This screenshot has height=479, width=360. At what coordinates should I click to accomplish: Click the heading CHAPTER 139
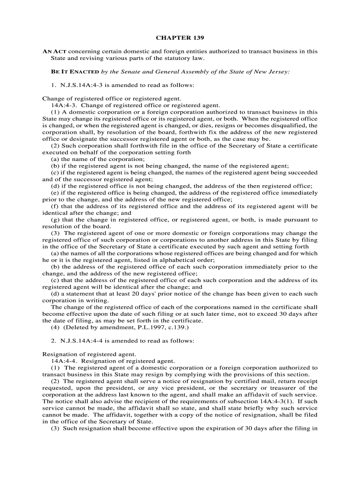click(x=180, y=37)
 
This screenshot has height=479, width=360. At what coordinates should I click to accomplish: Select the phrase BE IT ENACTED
click(x=75, y=72)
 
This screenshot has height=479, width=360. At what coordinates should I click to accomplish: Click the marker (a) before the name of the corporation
click(x=55, y=159)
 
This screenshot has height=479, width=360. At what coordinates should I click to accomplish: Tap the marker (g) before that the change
click(x=55, y=219)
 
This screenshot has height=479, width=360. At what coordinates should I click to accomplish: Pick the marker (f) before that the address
click(x=55, y=206)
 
